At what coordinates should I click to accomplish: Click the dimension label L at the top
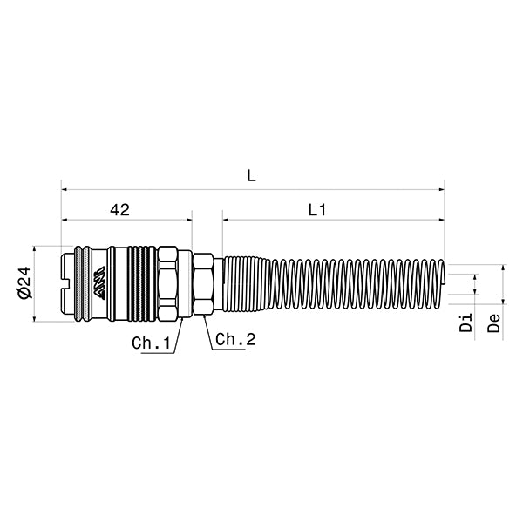click(x=251, y=175)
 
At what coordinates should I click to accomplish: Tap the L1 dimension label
click(x=316, y=210)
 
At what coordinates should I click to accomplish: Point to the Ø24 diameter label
click(x=24, y=282)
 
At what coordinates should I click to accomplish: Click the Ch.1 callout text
click(x=151, y=343)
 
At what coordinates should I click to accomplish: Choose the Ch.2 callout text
click(x=234, y=339)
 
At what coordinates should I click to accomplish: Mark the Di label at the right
click(x=467, y=323)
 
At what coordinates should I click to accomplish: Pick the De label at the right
click(x=493, y=323)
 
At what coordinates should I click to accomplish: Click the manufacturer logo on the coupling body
click(x=104, y=283)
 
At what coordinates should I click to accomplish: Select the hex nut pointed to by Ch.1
click(x=169, y=283)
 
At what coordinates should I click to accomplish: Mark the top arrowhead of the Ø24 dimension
click(x=34, y=248)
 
